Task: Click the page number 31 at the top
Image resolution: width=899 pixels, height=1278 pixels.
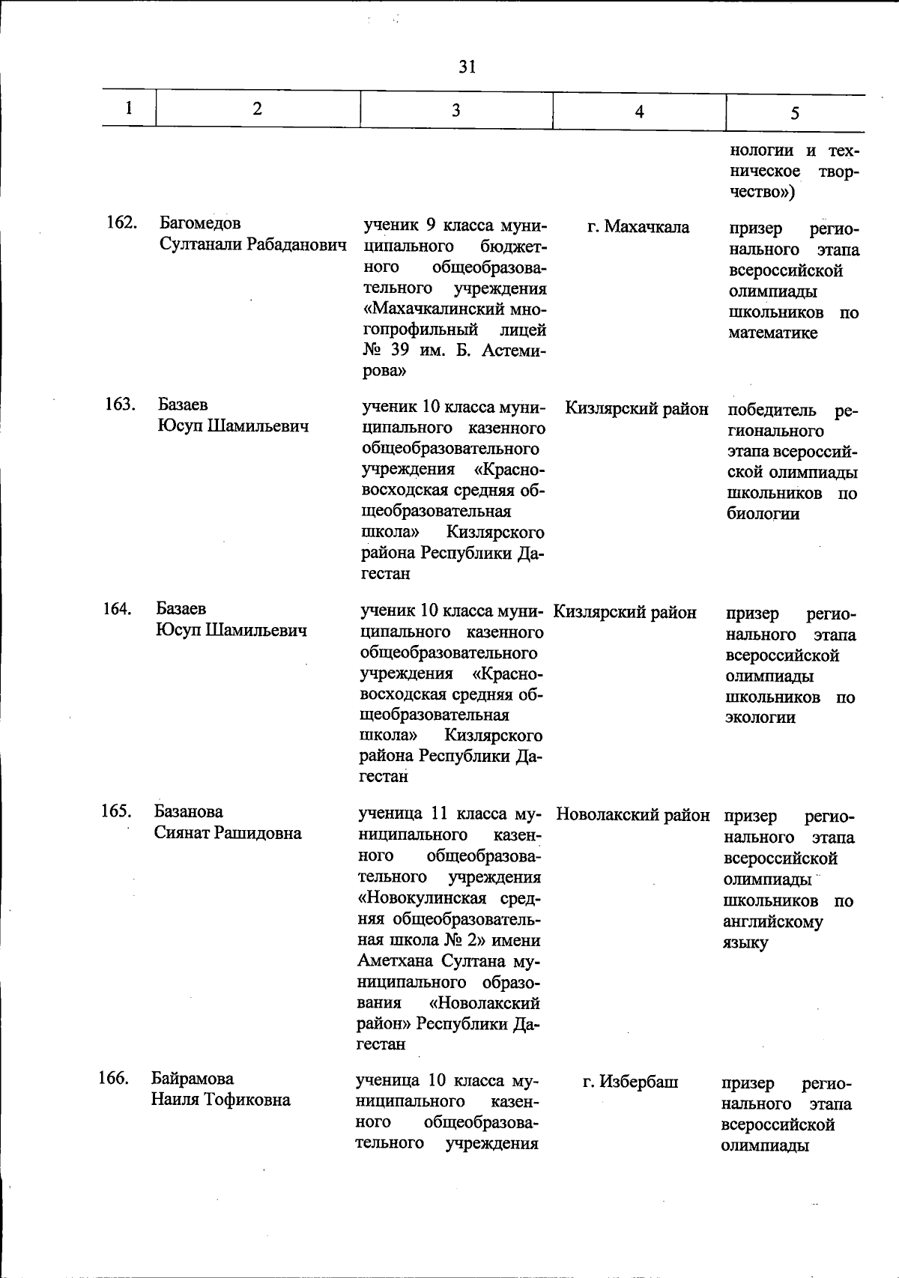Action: click(x=467, y=67)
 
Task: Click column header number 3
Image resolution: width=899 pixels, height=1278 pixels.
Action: click(x=455, y=111)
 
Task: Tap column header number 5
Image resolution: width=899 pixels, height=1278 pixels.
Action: click(x=794, y=113)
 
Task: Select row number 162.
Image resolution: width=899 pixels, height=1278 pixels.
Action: click(x=121, y=223)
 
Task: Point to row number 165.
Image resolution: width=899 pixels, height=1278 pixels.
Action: click(x=117, y=812)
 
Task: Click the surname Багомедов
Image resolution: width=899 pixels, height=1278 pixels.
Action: click(x=200, y=223)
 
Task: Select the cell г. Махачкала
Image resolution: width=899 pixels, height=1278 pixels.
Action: click(x=638, y=227)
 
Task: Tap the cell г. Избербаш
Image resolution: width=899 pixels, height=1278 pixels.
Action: click(x=631, y=1082)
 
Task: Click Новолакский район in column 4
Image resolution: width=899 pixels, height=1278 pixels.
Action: click(x=633, y=814)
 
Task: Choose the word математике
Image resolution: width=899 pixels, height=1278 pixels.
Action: click(x=772, y=333)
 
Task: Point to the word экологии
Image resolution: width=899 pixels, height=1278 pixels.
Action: click(x=760, y=718)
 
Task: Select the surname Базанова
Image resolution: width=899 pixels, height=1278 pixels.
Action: click(x=189, y=812)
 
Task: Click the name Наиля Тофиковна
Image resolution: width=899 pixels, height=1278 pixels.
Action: click(x=221, y=1100)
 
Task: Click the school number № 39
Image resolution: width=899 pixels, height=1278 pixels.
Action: click(x=384, y=350)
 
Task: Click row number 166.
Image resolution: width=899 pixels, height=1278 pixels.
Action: click(x=114, y=1079)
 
